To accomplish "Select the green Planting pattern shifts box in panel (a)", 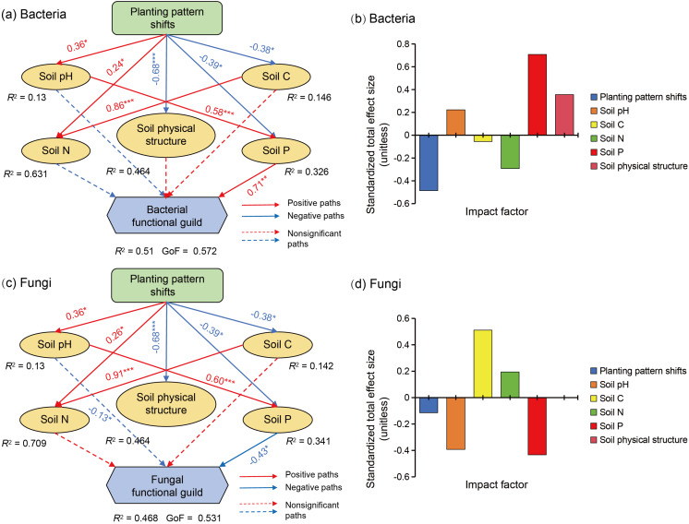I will click(x=165, y=21).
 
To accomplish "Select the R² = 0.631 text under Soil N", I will click(x=30, y=171).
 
